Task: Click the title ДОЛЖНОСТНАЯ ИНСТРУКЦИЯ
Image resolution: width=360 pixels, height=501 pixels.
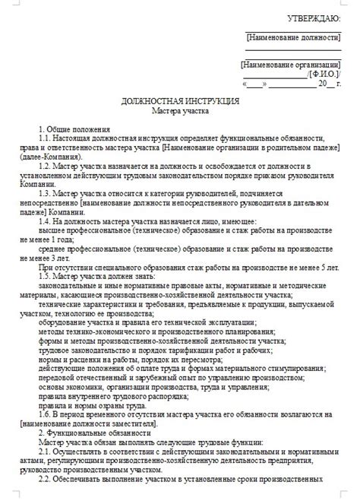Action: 181,100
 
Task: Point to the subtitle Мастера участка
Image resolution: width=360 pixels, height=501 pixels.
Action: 180,110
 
